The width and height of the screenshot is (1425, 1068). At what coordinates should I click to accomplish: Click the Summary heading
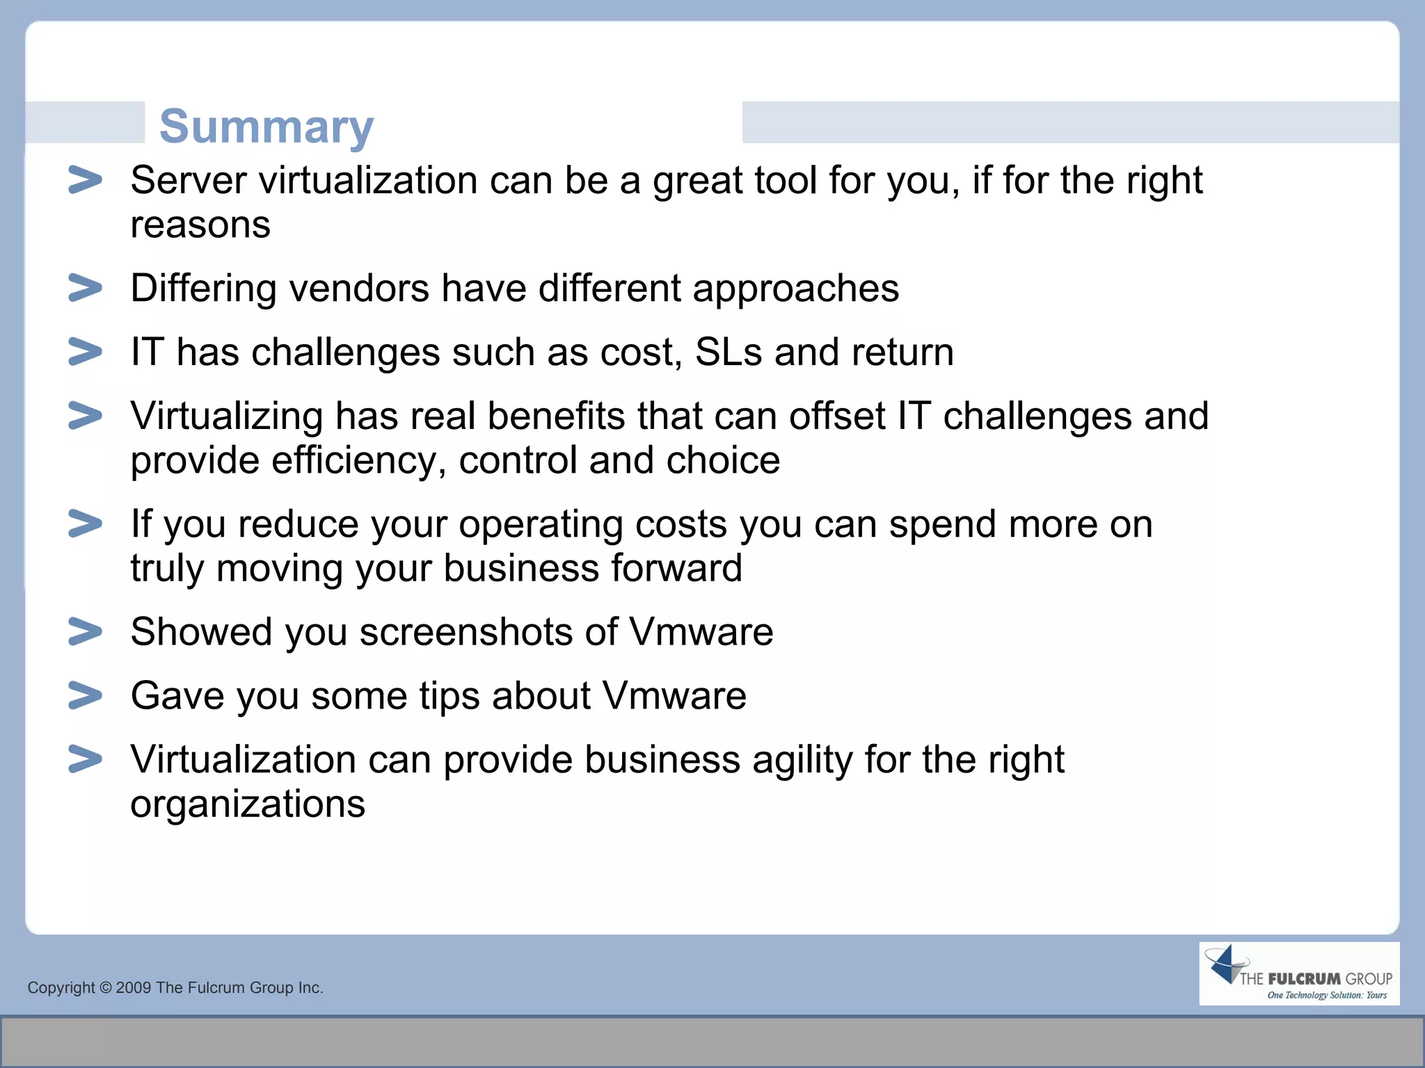[266, 127]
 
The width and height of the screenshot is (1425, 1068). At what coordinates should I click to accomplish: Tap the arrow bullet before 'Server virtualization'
[85, 180]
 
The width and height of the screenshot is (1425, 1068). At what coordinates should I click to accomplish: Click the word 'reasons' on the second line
[200, 225]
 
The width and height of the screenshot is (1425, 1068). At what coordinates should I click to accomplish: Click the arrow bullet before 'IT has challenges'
[85, 352]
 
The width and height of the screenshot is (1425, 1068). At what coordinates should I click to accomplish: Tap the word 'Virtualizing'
[227, 416]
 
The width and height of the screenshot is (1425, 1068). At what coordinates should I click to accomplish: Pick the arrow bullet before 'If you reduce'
[85, 524]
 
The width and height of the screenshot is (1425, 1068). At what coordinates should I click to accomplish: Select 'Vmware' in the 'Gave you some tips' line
[674, 696]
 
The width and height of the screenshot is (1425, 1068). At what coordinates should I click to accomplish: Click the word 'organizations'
[248, 804]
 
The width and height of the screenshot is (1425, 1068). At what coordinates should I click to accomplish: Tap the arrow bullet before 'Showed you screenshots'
[85, 631]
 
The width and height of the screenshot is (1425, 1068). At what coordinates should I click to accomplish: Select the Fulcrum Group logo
[1298, 973]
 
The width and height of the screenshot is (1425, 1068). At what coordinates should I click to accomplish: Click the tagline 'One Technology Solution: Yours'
[1326, 996]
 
